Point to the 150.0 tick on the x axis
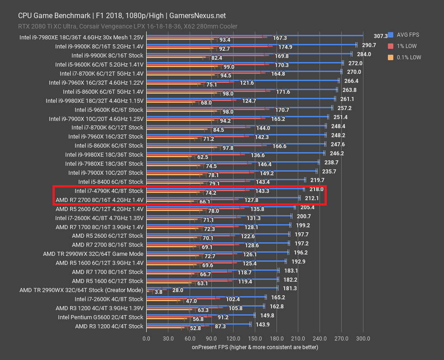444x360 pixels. point(254,338)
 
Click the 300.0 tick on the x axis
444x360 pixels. point(363,338)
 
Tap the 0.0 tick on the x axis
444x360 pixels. point(146,338)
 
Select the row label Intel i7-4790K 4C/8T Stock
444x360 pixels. point(109,191)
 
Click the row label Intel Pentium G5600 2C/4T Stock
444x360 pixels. point(100,317)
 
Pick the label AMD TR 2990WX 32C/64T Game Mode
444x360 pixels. point(93,254)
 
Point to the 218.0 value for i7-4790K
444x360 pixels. point(316,189)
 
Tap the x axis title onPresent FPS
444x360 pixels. point(255,347)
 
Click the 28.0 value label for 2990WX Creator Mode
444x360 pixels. point(177,290)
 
